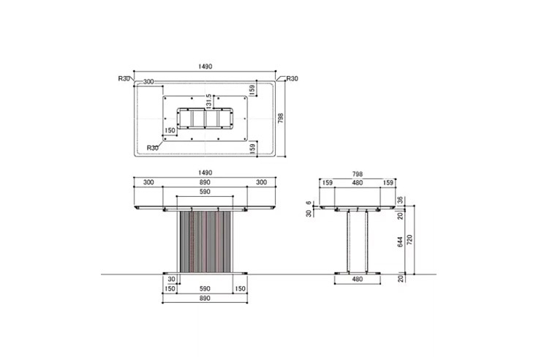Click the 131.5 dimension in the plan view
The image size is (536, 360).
point(209,102)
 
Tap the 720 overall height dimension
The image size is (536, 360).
point(410,240)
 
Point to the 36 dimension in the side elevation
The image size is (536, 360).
point(400,200)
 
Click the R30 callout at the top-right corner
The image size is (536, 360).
point(292,79)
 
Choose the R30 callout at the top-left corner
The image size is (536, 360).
point(124,79)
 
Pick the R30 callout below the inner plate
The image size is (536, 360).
point(152,148)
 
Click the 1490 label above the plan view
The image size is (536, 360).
point(205,67)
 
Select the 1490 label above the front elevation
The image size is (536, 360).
point(205,173)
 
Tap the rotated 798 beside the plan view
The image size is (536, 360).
point(281,119)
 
